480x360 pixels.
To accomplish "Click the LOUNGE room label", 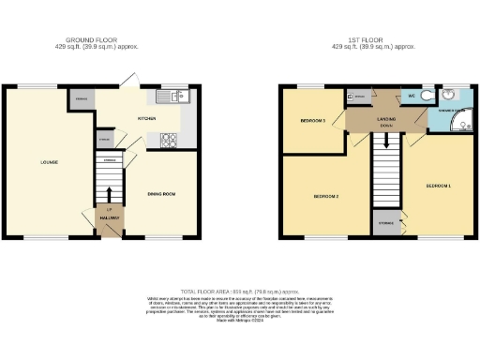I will click(x=50, y=162).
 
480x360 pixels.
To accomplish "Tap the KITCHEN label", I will click(x=146, y=119).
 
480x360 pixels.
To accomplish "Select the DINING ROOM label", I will click(x=163, y=194).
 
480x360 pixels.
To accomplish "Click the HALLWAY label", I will click(x=110, y=217).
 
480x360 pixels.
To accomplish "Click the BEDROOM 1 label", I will click(x=439, y=186).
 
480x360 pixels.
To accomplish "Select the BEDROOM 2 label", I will click(x=325, y=196).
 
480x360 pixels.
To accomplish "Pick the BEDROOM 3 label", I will click(x=312, y=121).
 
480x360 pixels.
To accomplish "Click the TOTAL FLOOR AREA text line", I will click(x=240, y=292).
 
